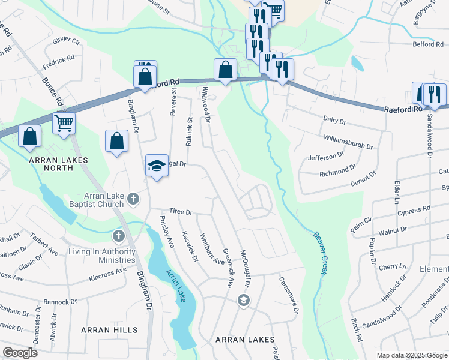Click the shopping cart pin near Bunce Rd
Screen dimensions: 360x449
point(64,124)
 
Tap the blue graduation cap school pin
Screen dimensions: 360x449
point(156,166)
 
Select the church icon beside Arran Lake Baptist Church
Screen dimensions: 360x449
point(133,198)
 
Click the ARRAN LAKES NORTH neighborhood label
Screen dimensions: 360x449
point(58,164)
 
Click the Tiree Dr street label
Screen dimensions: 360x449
point(180,212)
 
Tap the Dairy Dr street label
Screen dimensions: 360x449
point(335,122)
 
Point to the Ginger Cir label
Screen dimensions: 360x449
point(66,41)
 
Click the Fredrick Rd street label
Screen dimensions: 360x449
point(58,62)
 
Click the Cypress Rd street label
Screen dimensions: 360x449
point(417,209)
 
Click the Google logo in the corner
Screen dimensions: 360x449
point(20,353)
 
